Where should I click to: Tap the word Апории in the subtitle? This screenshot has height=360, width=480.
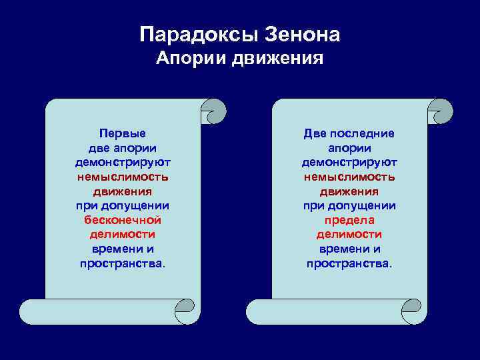click(x=191, y=59)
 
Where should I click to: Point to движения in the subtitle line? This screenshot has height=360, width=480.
click(x=278, y=59)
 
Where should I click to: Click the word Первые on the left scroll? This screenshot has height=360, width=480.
click(x=122, y=133)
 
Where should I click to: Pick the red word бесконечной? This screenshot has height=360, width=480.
click(x=123, y=220)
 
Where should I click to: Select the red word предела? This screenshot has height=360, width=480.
click(x=349, y=220)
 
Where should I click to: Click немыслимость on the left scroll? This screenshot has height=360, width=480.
click(x=123, y=177)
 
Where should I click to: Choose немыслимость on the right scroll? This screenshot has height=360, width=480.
click(x=349, y=177)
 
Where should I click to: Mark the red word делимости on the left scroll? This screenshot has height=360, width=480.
click(x=123, y=234)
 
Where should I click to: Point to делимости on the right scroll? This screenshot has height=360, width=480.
click(x=349, y=234)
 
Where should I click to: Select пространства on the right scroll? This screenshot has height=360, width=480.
click(x=349, y=263)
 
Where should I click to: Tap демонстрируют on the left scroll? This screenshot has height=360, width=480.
click(x=123, y=162)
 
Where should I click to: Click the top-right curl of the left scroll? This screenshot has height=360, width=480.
click(x=214, y=111)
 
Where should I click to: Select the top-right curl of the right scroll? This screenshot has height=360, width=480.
click(x=441, y=111)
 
